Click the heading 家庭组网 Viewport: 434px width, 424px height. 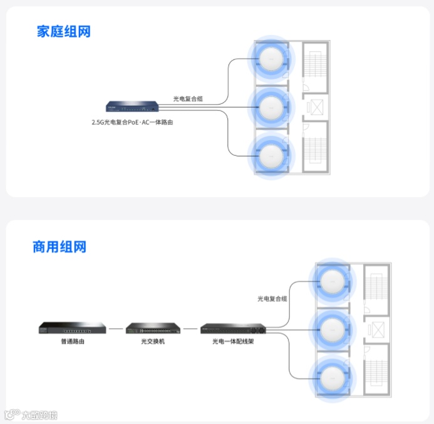(64, 31)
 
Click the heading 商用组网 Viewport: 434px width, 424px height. (59, 247)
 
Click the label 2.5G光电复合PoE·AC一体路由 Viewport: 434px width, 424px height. (132, 123)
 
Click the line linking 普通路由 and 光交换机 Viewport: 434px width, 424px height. (115, 328)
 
